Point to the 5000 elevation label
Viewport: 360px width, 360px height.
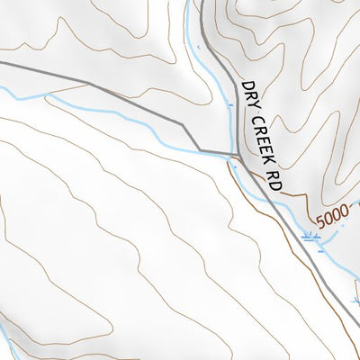tap(331, 217)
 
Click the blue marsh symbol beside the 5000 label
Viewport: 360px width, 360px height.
tap(311, 238)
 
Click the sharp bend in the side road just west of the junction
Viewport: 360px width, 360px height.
tap(200, 149)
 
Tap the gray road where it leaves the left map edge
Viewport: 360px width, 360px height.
tap(2, 63)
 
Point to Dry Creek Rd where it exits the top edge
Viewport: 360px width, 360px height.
tap(201, 2)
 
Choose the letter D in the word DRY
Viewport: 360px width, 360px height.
tap(242, 87)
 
